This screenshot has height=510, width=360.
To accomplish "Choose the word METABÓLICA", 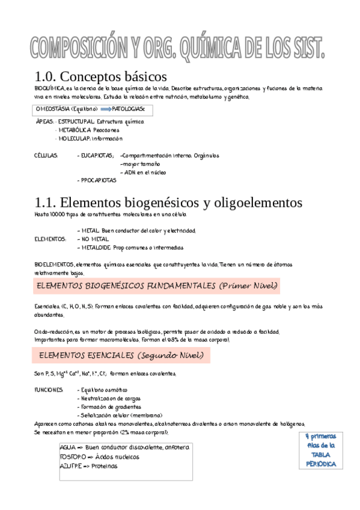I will [x=75, y=129].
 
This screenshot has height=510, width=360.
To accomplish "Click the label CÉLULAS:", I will [x=46, y=155].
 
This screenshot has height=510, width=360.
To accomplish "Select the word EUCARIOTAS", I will [x=97, y=155].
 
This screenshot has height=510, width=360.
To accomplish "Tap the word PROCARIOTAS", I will [x=98, y=180].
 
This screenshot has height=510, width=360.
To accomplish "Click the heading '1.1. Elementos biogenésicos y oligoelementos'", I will [x=169, y=202].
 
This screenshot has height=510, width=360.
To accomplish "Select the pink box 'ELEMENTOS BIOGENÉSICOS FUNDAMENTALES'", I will [x=157, y=285].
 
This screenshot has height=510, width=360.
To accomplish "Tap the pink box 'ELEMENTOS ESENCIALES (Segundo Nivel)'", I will [x=121, y=355].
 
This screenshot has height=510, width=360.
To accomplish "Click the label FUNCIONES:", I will [x=49, y=390].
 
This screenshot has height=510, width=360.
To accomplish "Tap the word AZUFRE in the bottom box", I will [x=71, y=465].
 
